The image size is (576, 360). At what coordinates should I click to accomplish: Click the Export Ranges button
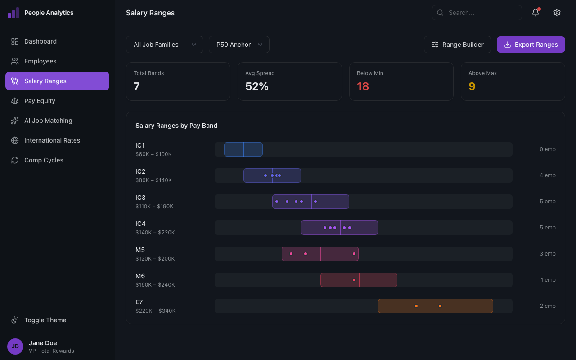click(x=531, y=45)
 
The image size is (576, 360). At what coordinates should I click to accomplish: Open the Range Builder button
click(x=457, y=45)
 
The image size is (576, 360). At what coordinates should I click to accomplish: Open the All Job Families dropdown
click(x=165, y=45)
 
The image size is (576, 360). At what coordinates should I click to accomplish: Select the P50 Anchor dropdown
click(x=239, y=45)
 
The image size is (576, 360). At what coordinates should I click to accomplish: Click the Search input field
click(x=477, y=13)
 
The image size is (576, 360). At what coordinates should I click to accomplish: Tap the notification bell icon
click(x=535, y=13)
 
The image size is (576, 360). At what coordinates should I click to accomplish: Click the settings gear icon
click(x=557, y=13)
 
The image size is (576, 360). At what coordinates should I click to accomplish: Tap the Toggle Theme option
click(x=45, y=320)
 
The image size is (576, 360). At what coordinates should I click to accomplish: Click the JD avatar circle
click(x=15, y=346)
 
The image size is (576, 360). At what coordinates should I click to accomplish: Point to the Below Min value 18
click(x=363, y=86)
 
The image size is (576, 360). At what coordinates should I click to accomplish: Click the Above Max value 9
click(x=472, y=86)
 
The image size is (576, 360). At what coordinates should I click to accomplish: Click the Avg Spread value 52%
click(x=257, y=86)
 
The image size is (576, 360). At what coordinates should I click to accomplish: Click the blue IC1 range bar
click(x=243, y=149)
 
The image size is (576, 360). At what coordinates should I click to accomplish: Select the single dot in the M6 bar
click(x=354, y=280)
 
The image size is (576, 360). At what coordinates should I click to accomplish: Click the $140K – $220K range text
click(x=155, y=233)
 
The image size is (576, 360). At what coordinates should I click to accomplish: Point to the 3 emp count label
click(x=548, y=254)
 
